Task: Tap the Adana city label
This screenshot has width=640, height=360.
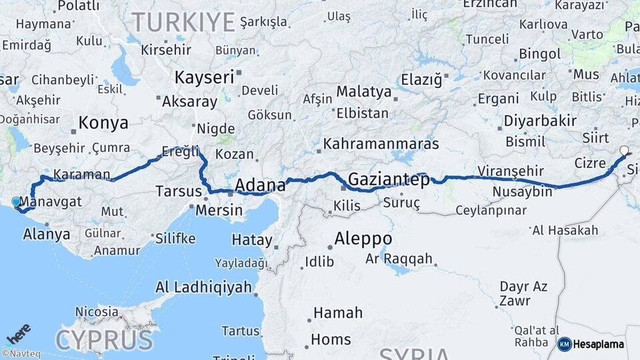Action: [x=260, y=185]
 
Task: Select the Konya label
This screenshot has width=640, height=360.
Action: [x=103, y=123]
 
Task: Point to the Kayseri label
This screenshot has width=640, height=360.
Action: [x=205, y=77]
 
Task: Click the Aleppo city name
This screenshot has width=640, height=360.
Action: [x=363, y=239]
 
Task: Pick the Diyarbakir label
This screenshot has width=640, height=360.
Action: [x=540, y=121]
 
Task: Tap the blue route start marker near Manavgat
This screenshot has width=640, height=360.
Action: [x=16, y=201]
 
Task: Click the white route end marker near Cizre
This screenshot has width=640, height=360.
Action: [x=624, y=151]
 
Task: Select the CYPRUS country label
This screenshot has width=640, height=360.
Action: [x=104, y=340]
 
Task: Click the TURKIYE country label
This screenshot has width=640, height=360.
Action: [x=183, y=22]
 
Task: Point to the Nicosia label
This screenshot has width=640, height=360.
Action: [x=97, y=311]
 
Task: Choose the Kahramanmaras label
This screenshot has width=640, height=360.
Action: [x=381, y=144]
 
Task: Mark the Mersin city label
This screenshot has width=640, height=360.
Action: [x=219, y=210]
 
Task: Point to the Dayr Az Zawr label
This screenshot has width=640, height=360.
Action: [x=523, y=293]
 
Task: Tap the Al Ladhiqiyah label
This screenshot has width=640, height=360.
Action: [x=203, y=287]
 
